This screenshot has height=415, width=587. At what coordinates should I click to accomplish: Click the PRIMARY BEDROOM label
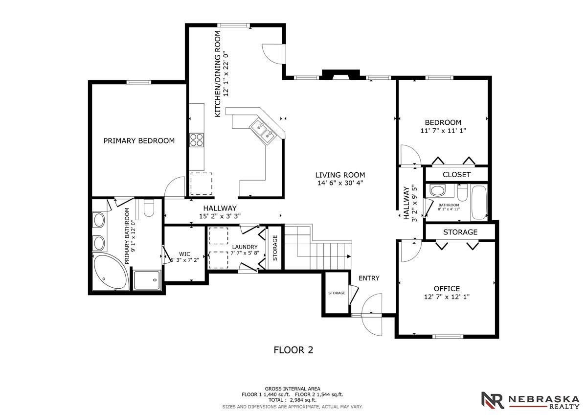[x=139, y=141]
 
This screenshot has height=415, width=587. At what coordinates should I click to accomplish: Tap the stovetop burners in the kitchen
[x=197, y=140]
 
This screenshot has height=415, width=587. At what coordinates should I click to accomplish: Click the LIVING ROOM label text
[x=340, y=175]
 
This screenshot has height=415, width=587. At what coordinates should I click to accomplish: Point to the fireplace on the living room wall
[x=340, y=75]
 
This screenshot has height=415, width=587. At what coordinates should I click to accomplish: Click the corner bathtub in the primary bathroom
[x=110, y=272]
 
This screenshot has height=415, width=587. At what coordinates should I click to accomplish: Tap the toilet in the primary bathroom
[x=149, y=208]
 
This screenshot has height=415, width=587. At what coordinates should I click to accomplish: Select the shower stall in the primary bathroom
[x=146, y=280]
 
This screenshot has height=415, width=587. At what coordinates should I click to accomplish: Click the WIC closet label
[x=185, y=254]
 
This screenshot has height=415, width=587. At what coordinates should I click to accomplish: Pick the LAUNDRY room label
[x=245, y=247]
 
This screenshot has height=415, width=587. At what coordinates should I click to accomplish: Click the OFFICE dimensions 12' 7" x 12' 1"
[x=447, y=297]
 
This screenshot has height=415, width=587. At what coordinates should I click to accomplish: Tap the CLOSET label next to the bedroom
[x=456, y=175]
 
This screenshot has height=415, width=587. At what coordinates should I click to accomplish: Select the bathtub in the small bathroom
[x=479, y=203]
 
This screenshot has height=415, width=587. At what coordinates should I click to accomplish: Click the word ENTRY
[x=369, y=278]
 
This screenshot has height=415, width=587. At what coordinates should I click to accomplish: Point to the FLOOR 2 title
[x=293, y=350]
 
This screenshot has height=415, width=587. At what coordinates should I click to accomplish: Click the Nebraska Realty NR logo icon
[x=493, y=400]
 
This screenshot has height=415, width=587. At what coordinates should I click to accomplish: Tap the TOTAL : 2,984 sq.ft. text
[x=293, y=400]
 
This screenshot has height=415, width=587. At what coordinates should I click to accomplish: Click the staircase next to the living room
[x=317, y=247]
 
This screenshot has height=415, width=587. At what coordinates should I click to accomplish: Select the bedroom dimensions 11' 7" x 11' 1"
[x=443, y=131]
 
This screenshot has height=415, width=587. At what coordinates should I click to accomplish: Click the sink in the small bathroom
[x=437, y=190]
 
